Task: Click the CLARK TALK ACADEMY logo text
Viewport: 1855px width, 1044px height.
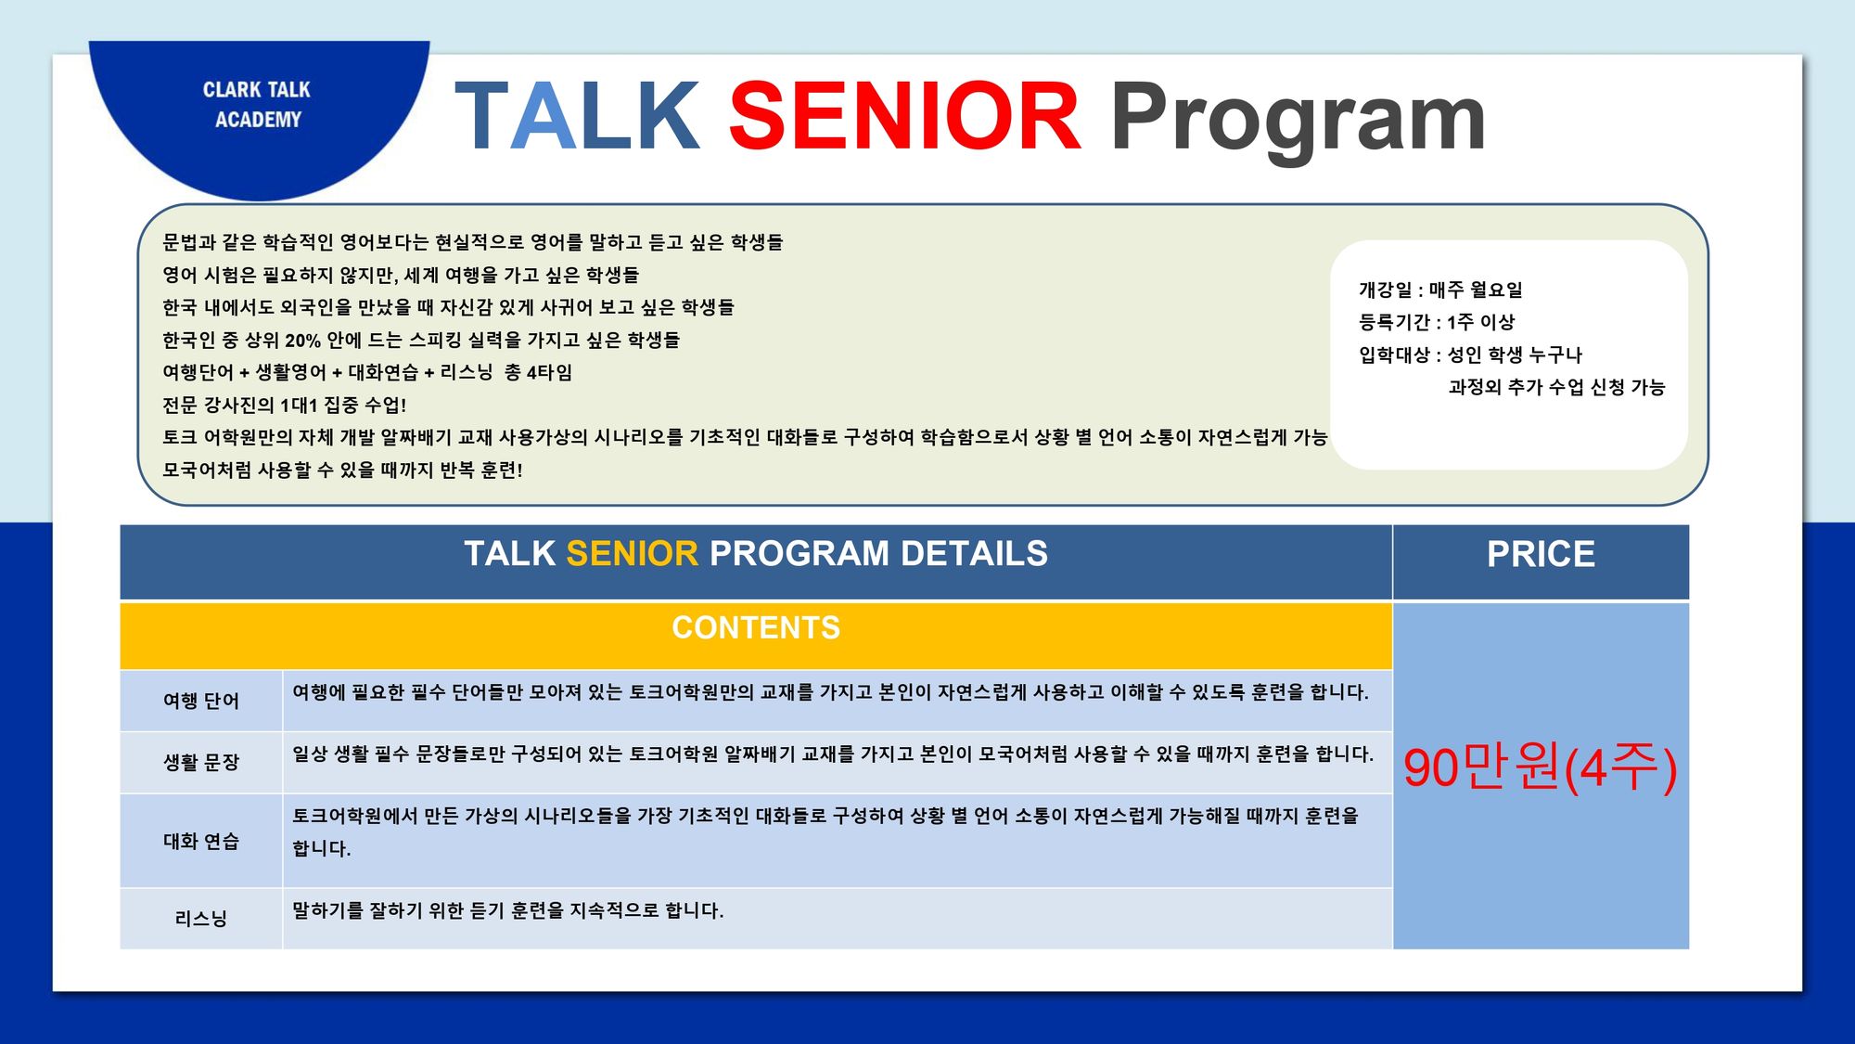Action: click(x=257, y=105)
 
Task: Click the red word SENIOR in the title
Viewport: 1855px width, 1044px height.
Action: click(x=905, y=116)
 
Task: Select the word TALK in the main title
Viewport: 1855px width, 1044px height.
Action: click(x=577, y=116)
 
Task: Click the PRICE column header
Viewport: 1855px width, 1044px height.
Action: click(x=1541, y=554)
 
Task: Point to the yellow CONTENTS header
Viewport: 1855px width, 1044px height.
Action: click(x=756, y=628)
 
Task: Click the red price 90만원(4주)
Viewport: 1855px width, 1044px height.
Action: click(x=1541, y=767)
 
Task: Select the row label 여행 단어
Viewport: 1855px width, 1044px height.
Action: click(x=201, y=701)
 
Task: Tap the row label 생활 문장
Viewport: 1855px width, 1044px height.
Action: click(x=201, y=762)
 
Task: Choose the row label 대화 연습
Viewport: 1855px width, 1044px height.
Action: click(x=201, y=841)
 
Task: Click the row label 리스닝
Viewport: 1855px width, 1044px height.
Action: click(x=201, y=919)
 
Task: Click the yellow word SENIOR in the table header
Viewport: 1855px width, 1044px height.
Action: click(x=632, y=554)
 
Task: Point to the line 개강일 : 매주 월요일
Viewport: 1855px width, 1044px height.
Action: click(x=1440, y=290)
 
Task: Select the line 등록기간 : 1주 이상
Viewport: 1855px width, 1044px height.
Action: click(x=1437, y=322)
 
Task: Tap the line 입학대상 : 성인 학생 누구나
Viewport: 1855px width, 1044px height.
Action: click(x=1470, y=354)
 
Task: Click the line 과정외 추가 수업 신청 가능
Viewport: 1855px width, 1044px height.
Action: click(x=1556, y=387)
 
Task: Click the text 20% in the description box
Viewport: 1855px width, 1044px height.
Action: click(x=302, y=341)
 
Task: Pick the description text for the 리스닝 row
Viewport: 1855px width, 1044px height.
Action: click(x=507, y=910)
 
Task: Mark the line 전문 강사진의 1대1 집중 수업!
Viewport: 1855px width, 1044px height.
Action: click(x=284, y=405)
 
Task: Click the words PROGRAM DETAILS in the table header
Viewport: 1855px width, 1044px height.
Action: click(x=878, y=554)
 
